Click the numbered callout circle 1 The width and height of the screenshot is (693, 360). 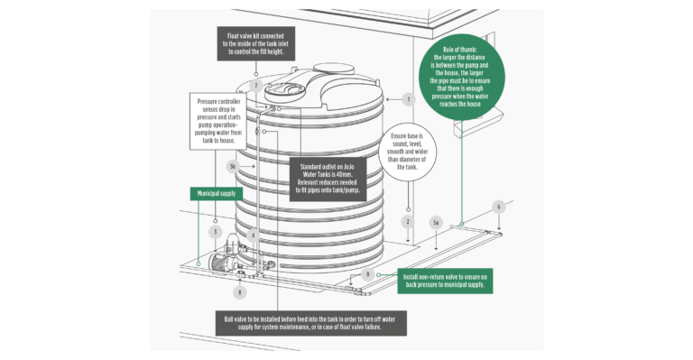point(408,99)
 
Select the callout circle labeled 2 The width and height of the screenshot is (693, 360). point(408,221)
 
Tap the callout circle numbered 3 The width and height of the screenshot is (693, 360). point(215,232)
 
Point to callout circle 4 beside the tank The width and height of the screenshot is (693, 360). point(254,235)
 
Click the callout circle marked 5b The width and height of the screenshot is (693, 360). point(233,166)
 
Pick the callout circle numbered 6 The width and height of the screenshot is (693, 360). point(497,207)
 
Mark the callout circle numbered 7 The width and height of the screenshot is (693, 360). point(256,86)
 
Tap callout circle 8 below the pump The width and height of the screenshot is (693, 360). point(239,291)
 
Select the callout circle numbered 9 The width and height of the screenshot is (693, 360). point(368,273)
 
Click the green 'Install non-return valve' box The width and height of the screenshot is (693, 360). point(441,280)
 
